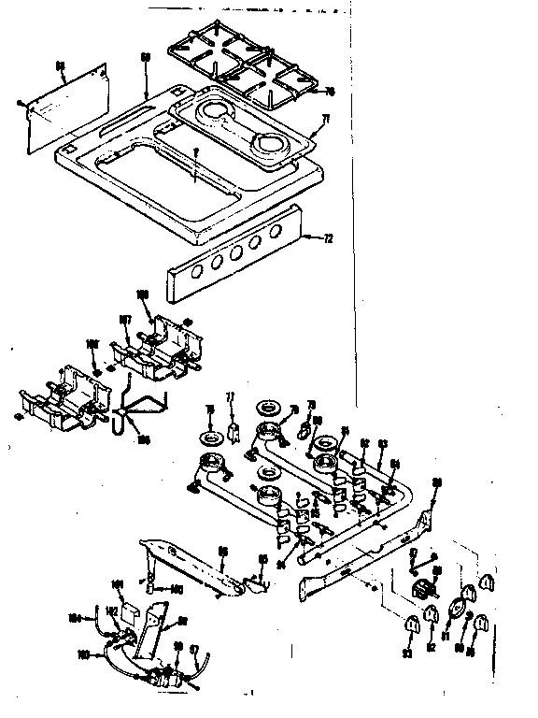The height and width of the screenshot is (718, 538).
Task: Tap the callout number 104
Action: point(76,617)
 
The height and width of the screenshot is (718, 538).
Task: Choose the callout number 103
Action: point(83,655)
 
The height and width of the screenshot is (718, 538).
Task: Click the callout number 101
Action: point(118,584)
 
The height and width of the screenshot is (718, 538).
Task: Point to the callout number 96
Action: point(223,552)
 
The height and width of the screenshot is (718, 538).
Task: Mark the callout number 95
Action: point(262,560)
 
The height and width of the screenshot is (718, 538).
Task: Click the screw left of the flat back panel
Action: point(20,100)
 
